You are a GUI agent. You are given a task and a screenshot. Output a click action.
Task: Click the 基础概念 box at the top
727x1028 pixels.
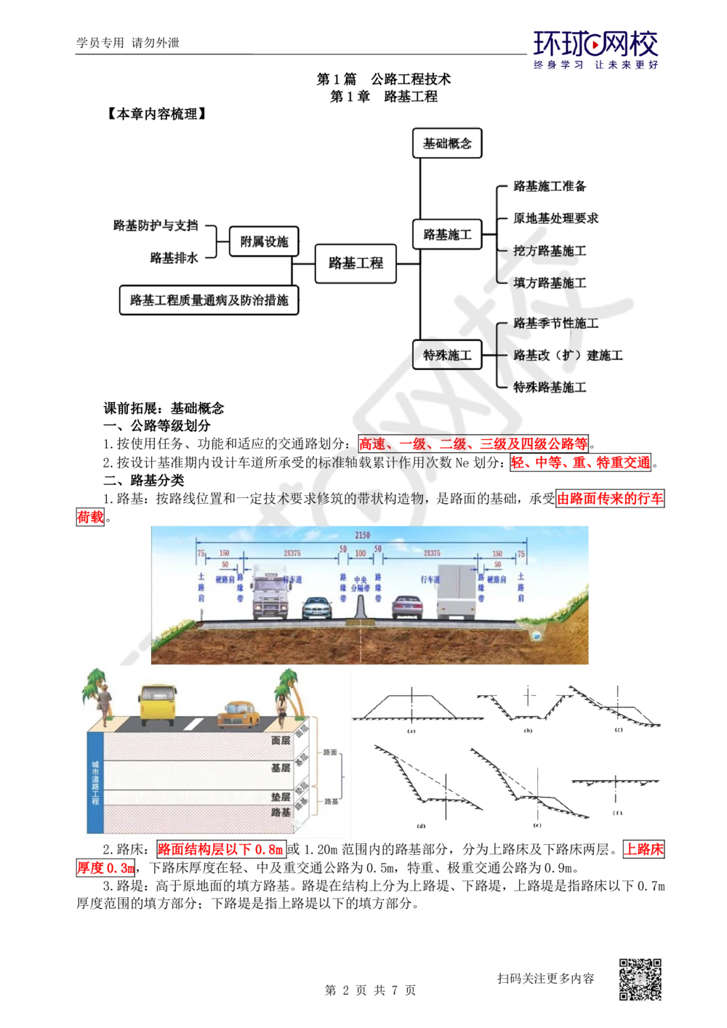coord(447,144)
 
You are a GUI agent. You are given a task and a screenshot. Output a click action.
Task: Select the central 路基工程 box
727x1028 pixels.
coord(356,263)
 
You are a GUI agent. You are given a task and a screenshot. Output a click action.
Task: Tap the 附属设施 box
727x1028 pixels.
coord(264,241)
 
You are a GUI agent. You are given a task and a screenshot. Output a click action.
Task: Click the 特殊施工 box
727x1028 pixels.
coord(447,355)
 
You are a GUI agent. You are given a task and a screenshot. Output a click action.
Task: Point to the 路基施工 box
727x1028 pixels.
coord(447,235)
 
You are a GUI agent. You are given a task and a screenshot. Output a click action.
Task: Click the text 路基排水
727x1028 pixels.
coord(174,257)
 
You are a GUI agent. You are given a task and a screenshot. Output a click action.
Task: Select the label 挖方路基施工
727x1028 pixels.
coord(550,251)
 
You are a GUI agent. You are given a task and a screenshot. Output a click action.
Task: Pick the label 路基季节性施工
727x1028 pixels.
coord(556,324)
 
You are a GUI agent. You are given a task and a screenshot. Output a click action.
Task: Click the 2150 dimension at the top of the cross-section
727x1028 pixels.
coord(362,536)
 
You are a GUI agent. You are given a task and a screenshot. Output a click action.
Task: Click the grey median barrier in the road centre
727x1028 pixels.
coord(357,609)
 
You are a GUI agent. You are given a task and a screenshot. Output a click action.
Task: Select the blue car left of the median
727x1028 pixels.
coord(316,609)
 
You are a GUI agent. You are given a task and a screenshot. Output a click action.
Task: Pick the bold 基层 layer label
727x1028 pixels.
coord(281,768)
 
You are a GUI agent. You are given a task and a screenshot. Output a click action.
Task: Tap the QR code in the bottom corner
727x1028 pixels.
coord(640,980)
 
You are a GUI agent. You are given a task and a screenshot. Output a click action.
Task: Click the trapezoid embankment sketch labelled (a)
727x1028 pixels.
coord(411,705)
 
